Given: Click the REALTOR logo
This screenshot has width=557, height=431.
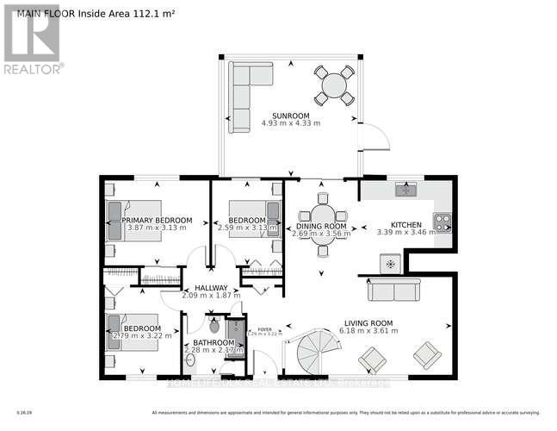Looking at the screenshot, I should click(32, 38).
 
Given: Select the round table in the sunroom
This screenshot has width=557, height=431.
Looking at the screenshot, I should click(334, 84).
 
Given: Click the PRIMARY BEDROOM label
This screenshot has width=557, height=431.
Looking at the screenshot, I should click(156, 220).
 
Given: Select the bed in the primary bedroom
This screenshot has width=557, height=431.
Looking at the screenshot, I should click(133, 220).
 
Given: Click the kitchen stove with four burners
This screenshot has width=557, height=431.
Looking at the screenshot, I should click(442, 222).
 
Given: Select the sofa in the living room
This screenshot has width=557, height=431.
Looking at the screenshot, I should click(393, 290).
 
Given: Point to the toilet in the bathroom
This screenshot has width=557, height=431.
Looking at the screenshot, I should click(214, 326).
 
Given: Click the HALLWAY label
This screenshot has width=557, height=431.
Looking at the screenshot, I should click(210, 288).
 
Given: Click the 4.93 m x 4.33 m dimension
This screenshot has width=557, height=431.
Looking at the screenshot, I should click(290, 123).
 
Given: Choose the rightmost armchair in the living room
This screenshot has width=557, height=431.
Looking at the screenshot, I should click(426, 354).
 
